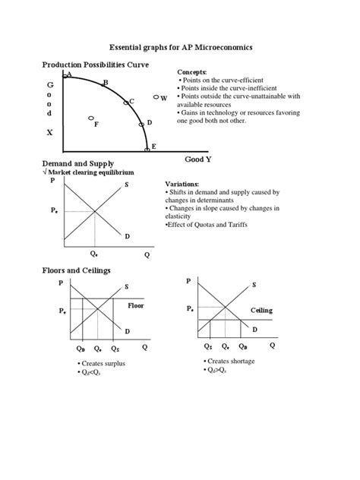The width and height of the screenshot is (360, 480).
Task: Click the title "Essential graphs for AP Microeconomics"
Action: click(x=179, y=47)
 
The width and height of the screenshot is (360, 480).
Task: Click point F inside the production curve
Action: click(x=96, y=123)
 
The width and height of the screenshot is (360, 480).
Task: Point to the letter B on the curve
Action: click(x=106, y=83)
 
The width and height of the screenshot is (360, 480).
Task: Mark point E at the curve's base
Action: click(x=153, y=146)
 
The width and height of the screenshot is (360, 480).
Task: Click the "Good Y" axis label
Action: click(x=198, y=159)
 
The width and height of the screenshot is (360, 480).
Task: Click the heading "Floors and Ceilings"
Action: click(x=77, y=270)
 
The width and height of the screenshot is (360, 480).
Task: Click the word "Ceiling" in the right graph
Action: click(x=261, y=311)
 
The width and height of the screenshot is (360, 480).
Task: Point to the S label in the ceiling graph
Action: click(x=254, y=285)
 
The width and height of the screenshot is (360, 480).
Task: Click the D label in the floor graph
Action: click(x=127, y=332)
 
